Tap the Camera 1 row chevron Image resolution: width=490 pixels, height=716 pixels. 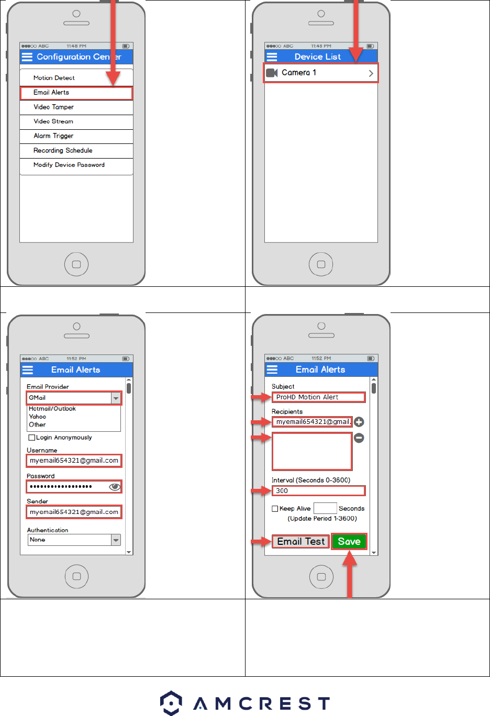(371, 73)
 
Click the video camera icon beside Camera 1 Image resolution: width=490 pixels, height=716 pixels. (272, 73)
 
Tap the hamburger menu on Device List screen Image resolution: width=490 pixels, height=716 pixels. (272, 57)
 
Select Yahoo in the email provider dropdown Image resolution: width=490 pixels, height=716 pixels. (38, 417)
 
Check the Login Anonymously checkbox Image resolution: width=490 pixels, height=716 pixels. (32, 438)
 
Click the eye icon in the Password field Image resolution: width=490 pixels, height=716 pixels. (115, 487)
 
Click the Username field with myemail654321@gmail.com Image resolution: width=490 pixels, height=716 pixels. (74, 461)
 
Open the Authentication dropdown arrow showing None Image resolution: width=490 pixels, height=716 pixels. (116, 540)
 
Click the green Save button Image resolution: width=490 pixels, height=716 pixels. (349, 542)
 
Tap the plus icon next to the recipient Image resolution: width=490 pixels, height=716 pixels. (359, 422)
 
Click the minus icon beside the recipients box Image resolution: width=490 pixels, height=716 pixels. (359, 438)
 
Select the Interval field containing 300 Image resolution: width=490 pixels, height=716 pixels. (318, 491)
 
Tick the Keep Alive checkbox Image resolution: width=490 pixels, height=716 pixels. (275, 509)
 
